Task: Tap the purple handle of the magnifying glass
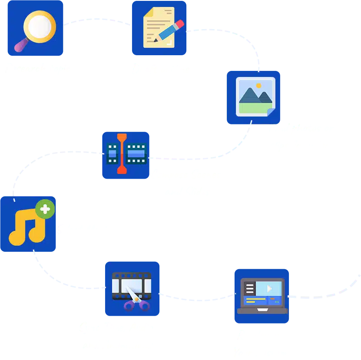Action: [21, 45]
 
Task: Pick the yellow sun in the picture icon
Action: [258, 86]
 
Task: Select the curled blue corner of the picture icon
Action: [271, 112]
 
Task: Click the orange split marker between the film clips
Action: [122, 154]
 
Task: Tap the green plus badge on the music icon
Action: [46, 210]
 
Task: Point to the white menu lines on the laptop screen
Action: [249, 288]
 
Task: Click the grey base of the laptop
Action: [262, 310]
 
